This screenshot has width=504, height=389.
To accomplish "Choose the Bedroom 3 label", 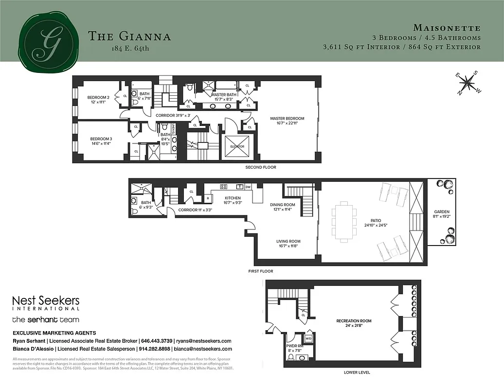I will [100, 141].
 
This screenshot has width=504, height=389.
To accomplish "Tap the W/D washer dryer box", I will [308, 338].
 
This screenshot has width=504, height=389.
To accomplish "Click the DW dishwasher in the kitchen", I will [248, 187].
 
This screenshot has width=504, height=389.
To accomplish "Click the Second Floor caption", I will [260, 167].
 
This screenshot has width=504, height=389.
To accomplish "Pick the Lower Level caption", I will [357, 372].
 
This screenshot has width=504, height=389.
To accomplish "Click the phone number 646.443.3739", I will [155, 341].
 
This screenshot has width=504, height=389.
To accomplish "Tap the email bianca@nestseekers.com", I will [203, 349].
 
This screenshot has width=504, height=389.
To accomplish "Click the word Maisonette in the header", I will [447, 28].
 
